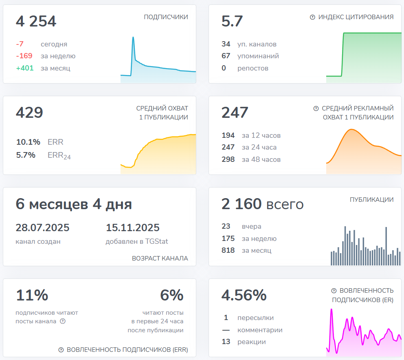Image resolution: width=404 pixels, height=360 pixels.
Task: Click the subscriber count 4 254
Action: [36, 22]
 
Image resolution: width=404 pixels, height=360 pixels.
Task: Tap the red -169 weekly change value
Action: [24, 56]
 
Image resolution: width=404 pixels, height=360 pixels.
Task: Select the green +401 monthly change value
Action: [24, 68]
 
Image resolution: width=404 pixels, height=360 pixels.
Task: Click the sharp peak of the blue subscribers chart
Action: [133, 38]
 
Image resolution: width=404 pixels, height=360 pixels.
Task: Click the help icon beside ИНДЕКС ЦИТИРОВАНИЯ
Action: [312, 17]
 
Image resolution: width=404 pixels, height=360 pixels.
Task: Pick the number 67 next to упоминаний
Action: [226, 56]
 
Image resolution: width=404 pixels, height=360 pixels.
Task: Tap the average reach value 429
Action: [29, 113]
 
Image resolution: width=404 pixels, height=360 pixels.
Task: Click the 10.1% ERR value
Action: [28, 142]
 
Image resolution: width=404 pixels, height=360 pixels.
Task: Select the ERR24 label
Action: [59, 155]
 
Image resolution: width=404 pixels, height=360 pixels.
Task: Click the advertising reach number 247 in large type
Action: [235, 113]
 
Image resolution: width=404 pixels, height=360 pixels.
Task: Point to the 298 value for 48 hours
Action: [228, 159]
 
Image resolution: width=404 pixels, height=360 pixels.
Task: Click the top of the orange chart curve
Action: [351, 130]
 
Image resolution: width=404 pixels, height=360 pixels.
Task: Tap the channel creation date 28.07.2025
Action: [42, 227]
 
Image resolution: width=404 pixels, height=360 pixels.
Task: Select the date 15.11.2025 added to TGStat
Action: [133, 227]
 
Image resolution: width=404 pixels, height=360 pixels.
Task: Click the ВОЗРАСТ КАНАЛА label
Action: [160, 258]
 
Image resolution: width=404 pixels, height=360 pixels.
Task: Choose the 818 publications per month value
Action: [228, 250]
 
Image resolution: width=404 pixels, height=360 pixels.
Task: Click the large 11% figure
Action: [32, 295]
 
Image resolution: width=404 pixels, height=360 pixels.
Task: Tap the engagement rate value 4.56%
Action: [244, 295]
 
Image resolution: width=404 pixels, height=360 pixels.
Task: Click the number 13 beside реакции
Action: [226, 342]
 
